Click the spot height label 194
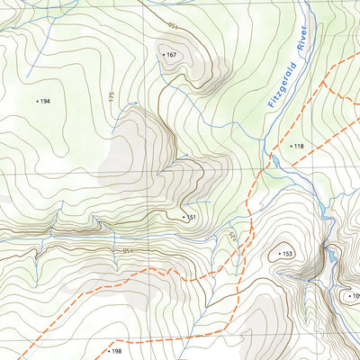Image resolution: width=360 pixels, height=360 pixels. pos(45,102)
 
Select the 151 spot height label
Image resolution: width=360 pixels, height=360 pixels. pos(191,217)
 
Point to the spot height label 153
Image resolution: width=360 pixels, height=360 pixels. pos(288,254)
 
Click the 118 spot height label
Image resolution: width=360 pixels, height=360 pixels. pos(299,146)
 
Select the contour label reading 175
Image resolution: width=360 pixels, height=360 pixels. pos(112,101)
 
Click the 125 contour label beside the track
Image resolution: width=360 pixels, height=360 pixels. pos(229,237)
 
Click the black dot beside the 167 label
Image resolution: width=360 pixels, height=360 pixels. pos(163,55)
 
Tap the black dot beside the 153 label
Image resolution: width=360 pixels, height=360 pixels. pos(279,254)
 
